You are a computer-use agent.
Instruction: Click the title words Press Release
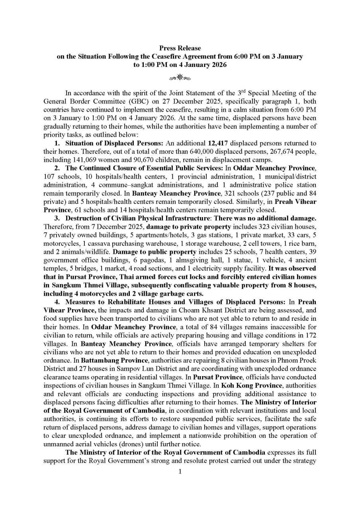coord(180,48)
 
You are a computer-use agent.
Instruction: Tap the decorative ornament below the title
coord(180,77)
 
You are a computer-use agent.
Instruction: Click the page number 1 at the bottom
coord(180,472)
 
